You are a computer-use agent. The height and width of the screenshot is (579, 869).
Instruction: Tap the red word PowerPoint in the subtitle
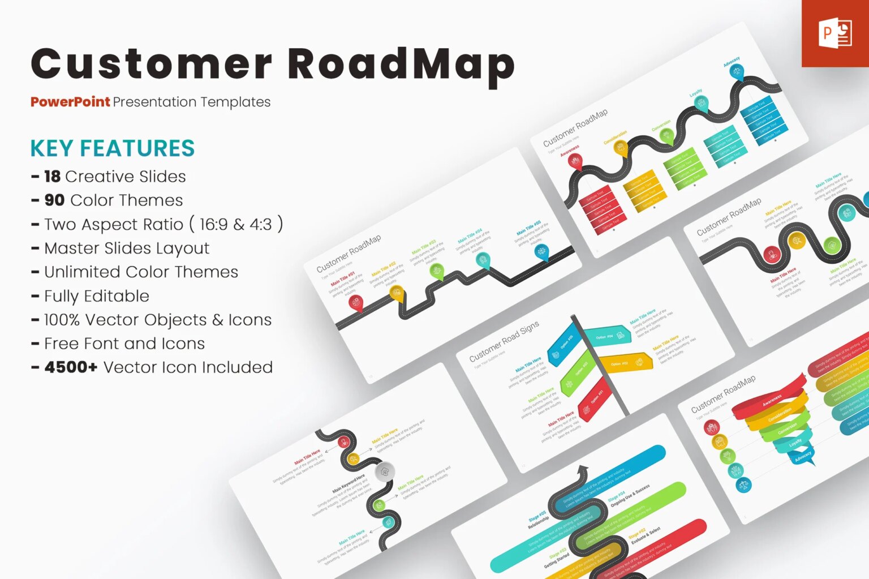70,102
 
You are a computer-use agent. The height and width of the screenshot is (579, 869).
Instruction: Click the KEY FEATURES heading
113,148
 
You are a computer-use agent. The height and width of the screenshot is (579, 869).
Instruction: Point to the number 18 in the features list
52,177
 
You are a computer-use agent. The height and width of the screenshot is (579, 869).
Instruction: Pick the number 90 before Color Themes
54,200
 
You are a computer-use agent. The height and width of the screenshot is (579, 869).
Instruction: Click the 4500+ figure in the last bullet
71,367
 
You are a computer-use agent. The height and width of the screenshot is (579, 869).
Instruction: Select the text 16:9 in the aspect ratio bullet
214,225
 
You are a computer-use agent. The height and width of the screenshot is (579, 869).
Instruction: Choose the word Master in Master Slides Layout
71,248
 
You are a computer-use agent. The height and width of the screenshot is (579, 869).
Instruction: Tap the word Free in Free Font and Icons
62,344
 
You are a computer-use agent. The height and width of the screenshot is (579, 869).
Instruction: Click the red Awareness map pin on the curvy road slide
575,162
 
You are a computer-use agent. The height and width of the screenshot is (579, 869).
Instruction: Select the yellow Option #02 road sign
625,362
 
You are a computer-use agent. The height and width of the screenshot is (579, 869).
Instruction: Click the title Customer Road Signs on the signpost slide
504,341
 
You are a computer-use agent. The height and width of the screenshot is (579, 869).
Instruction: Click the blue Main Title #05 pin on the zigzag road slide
541,251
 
